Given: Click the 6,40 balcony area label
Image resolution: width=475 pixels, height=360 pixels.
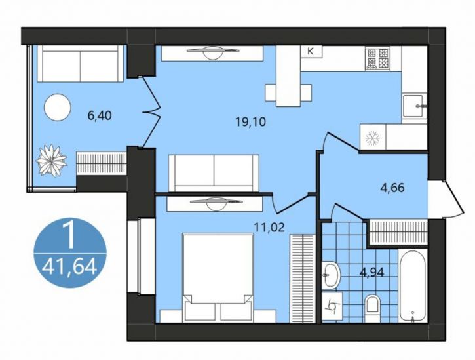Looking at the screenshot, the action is click(100, 115).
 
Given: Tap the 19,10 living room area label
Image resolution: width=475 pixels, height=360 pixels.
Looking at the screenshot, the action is click(250, 122).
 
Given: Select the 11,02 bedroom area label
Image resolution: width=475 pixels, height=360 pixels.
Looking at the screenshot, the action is click(270, 227).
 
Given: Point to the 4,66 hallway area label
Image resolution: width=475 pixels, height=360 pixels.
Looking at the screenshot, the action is click(392, 188).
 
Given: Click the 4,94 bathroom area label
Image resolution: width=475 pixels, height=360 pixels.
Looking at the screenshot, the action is click(371, 272).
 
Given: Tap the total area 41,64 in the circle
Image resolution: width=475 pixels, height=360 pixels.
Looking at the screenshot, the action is click(69, 268).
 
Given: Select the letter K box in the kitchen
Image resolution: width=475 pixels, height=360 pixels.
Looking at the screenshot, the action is click(311, 51).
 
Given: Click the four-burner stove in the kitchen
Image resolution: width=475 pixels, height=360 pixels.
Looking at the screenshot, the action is click(377, 58).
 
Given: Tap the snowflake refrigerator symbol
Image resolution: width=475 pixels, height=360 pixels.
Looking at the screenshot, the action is click(373, 138).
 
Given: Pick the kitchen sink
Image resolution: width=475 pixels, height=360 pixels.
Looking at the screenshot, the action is click(414, 105).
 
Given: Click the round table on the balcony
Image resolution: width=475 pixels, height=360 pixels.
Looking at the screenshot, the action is click(58, 107).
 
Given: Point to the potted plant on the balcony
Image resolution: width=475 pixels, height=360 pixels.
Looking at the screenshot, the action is click(52, 161).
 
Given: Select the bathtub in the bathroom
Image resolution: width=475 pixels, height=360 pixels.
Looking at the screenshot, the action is click(413, 286).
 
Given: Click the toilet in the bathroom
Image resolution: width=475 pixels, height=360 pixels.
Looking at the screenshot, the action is click(373, 308).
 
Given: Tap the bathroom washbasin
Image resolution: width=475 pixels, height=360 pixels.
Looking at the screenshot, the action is click(331, 275).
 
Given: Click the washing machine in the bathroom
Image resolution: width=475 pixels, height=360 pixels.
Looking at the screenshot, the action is click(332, 306).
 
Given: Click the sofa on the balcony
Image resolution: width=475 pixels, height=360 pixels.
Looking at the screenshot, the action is click(81, 64).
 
